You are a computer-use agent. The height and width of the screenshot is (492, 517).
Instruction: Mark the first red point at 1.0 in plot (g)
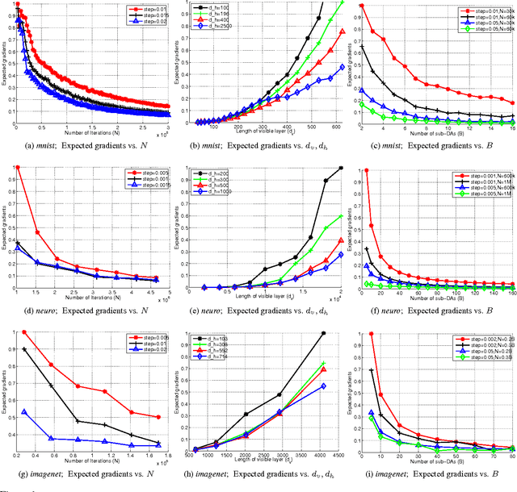pyautogui.click(x=23, y=332)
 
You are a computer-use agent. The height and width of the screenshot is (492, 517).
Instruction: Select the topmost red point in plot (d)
pyautogui.click(x=17, y=168)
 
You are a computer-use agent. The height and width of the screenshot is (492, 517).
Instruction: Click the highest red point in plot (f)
pyautogui.click(x=366, y=169)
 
